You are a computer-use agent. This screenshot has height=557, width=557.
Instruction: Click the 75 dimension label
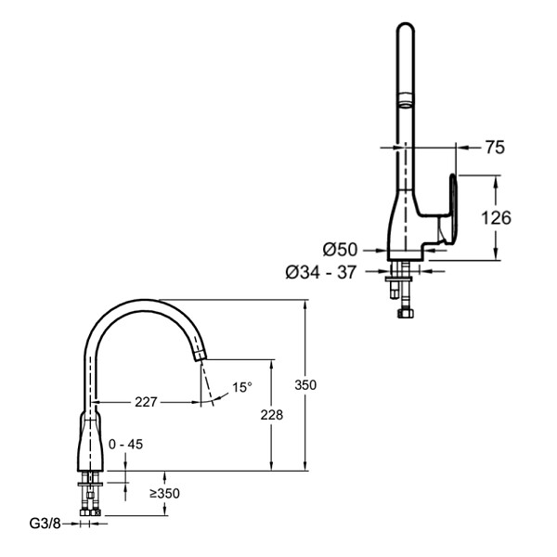point(495,147)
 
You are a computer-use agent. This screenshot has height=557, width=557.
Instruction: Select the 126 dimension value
point(496,217)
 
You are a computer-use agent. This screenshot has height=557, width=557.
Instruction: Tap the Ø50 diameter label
point(340,250)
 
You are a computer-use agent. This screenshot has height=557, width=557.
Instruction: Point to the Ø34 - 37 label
point(321,272)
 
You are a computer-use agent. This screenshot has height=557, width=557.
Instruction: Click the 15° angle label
point(242,387)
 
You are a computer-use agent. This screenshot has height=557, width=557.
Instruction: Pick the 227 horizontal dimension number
point(146,402)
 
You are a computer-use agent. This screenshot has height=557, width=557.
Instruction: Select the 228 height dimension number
point(272,415)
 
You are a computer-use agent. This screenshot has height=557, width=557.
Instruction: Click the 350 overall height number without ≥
point(305,384)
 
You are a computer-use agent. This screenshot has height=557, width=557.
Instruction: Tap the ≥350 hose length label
point(164,494)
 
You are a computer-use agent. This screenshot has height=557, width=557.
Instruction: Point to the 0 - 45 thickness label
point(125,444)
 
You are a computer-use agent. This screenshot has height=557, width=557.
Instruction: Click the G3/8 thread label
point(45,524)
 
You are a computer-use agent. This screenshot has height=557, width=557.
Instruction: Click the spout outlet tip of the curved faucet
point(200,356)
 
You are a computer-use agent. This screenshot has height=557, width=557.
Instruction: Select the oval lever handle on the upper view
point(453,209)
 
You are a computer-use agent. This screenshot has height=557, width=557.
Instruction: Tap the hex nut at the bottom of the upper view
point(406,314)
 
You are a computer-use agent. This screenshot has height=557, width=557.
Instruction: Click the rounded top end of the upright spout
point(406,27)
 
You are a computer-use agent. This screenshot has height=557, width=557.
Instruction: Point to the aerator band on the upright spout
point(406,99)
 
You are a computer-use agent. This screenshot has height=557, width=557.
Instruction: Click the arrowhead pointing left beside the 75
point(462,147)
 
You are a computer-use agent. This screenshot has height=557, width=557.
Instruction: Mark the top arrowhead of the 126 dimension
point(496,181)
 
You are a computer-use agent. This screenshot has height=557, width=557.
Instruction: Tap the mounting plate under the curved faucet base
point(90,485)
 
